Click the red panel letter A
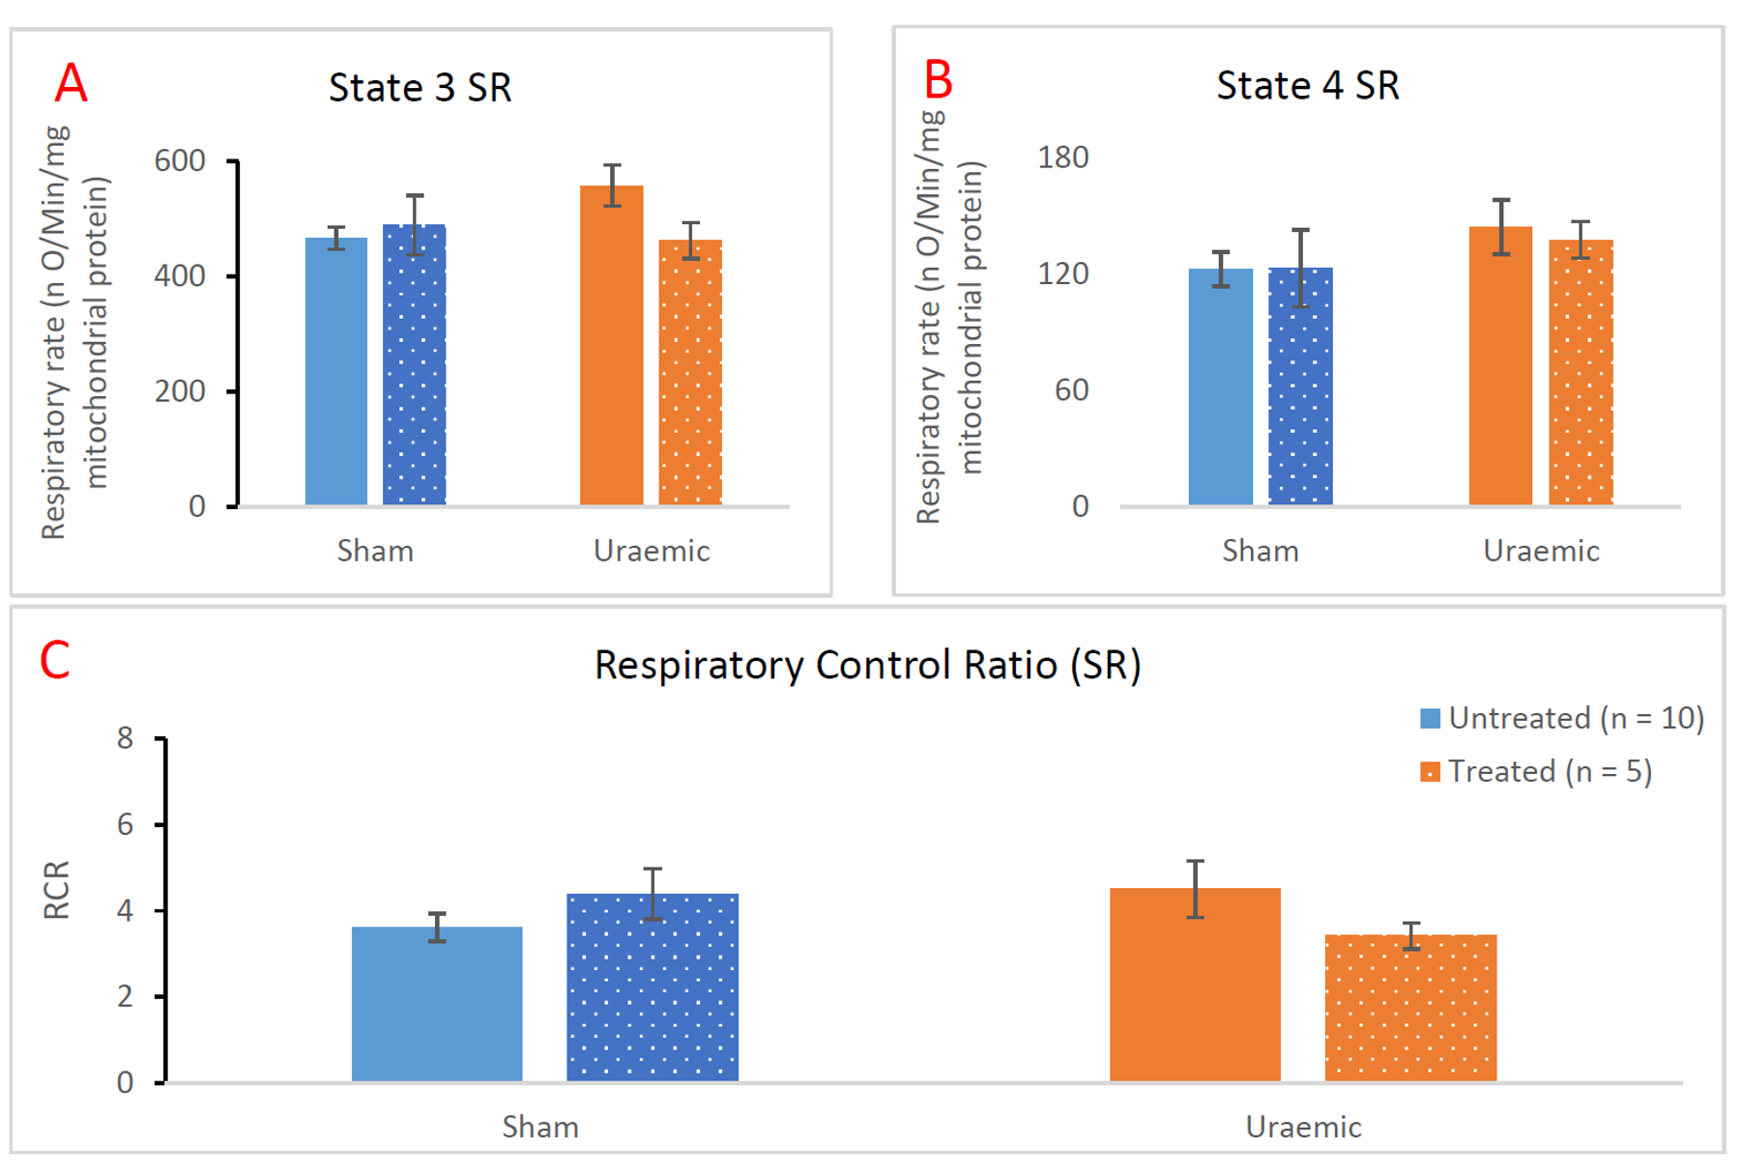point(71,83)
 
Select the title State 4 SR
point(1307,86)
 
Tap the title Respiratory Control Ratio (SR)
point(867,666)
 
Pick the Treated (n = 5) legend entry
point(1536,772)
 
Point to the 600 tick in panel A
point(180,160)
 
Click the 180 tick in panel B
point(1062,157)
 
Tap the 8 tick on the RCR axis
point(125,739)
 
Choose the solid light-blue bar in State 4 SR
point(1220,387)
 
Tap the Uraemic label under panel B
point(1541,551)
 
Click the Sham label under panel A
point(375,551)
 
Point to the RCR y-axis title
point(56,890)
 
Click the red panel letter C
point(54,661)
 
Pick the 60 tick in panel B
point(1071,390)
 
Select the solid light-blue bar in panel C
point(437,1004)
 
